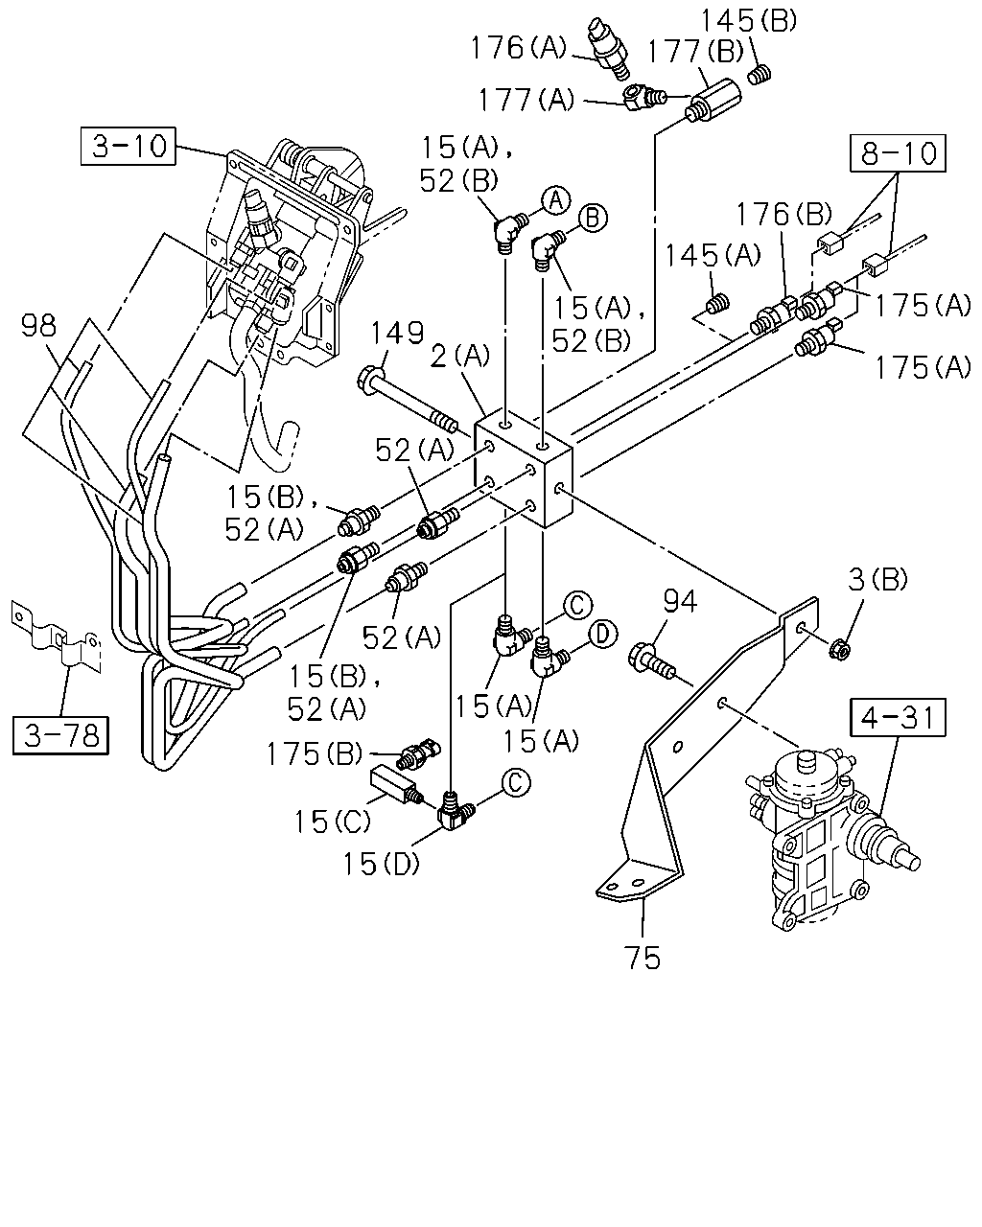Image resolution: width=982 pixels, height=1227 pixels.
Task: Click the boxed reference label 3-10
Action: pos(129,146)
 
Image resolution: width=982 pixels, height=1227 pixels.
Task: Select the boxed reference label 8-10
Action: pos(898,153)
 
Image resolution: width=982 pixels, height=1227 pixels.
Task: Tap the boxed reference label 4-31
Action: pos(898,718)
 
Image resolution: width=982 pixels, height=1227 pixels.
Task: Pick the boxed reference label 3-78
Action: pos(61,735)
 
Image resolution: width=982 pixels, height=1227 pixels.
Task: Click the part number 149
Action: pos(398,332)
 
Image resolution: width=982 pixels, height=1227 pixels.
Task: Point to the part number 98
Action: pos(38,326)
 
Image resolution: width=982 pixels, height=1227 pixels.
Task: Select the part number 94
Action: pos(680,602)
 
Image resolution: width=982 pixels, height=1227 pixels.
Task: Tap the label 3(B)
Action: pos(877,580)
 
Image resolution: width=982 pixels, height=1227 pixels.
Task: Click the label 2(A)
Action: pos(460,357)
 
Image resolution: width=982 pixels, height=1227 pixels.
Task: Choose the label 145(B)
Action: pos(748,21)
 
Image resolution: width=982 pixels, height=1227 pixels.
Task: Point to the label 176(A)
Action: pos(518,47)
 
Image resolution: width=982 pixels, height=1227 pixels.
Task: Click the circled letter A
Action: pos(556,200)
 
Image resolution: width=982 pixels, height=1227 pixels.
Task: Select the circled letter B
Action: pos(593,218)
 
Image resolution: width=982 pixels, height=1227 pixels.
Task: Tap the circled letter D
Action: pos(603,634)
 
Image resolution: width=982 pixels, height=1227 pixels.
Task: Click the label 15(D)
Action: pos(381,864)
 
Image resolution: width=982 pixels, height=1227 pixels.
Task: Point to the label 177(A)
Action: pos(526,99)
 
